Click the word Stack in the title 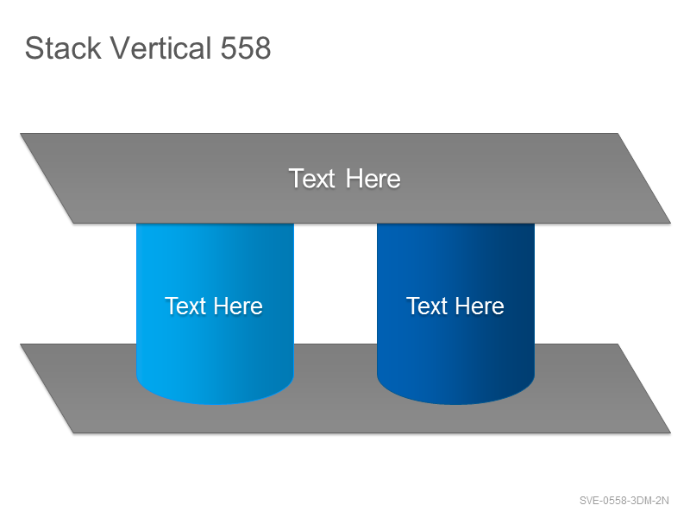pos(63,47)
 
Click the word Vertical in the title pos(160,47)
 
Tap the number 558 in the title pos(246,47)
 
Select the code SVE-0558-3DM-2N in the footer pos(624,501)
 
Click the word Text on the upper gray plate pos(312,179)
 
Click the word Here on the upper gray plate pos(373,179)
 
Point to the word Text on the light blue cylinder pos(185,306)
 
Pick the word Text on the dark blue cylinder pos(427,306)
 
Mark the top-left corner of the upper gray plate pos(20,134)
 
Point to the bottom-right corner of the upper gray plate pos(671,224)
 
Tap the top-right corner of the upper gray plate pos(618,134)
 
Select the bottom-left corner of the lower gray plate pos(73,433)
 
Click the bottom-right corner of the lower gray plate pos(671,433)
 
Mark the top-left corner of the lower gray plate pos(20,344)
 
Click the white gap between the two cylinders pos(336,283)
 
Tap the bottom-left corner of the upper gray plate pos(73,224)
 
